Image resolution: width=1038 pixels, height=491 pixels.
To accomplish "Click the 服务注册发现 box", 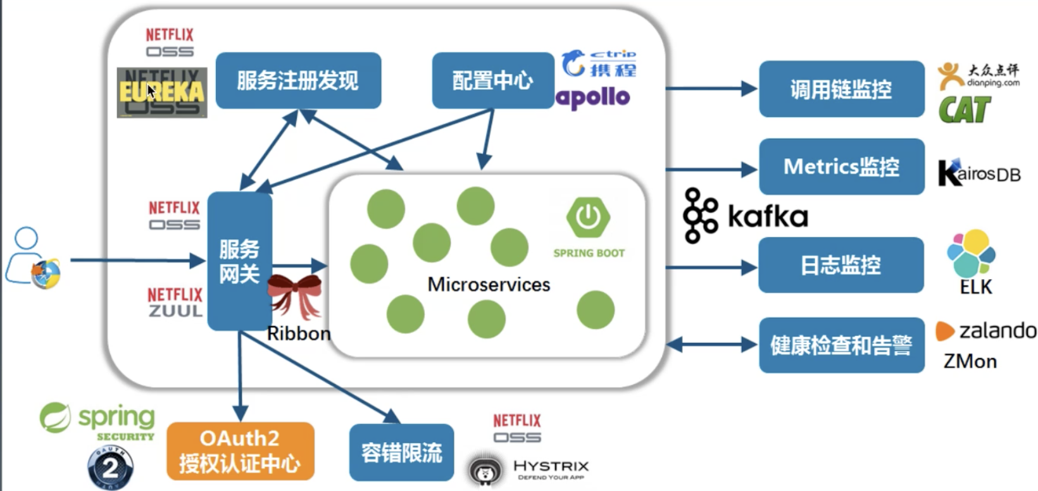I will [x=298, y=80].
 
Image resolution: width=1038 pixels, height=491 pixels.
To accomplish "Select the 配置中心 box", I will [x=492, y=80].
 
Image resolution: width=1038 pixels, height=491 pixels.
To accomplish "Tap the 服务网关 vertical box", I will [x=239, y=261].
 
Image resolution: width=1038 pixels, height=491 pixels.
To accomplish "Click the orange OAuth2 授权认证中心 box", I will [x=240, y=451].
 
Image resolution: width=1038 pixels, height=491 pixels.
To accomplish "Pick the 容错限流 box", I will [x=401, y=452].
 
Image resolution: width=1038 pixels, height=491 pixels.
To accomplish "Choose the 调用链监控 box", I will [x=841, y=89].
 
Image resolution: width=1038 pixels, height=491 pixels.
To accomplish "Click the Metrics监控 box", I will [x=841, y=167].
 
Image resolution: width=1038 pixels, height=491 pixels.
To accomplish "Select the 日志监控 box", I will [x=841, y=264].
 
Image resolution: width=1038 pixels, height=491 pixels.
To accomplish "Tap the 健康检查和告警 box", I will [x=841, y=345].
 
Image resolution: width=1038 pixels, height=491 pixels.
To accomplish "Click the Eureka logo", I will [x=162, y=93].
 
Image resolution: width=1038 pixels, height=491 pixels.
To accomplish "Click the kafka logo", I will [x=746, y=216].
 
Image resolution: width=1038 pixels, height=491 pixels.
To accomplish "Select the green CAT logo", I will [x=964, y=110].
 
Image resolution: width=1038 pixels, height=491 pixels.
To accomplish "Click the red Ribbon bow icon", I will [x=294, y=295].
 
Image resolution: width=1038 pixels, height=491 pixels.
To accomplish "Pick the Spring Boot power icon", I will [x=588, y=217].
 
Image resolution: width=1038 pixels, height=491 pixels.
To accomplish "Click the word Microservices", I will [x=489, y=285].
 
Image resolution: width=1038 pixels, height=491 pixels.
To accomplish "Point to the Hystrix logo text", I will [x=551, y=466].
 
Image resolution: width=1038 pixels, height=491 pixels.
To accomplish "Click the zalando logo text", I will [x=997, y=331].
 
